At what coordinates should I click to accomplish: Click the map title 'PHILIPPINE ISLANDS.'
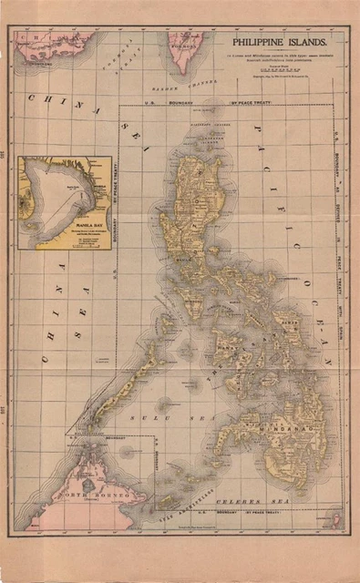[x=283, y=42]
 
